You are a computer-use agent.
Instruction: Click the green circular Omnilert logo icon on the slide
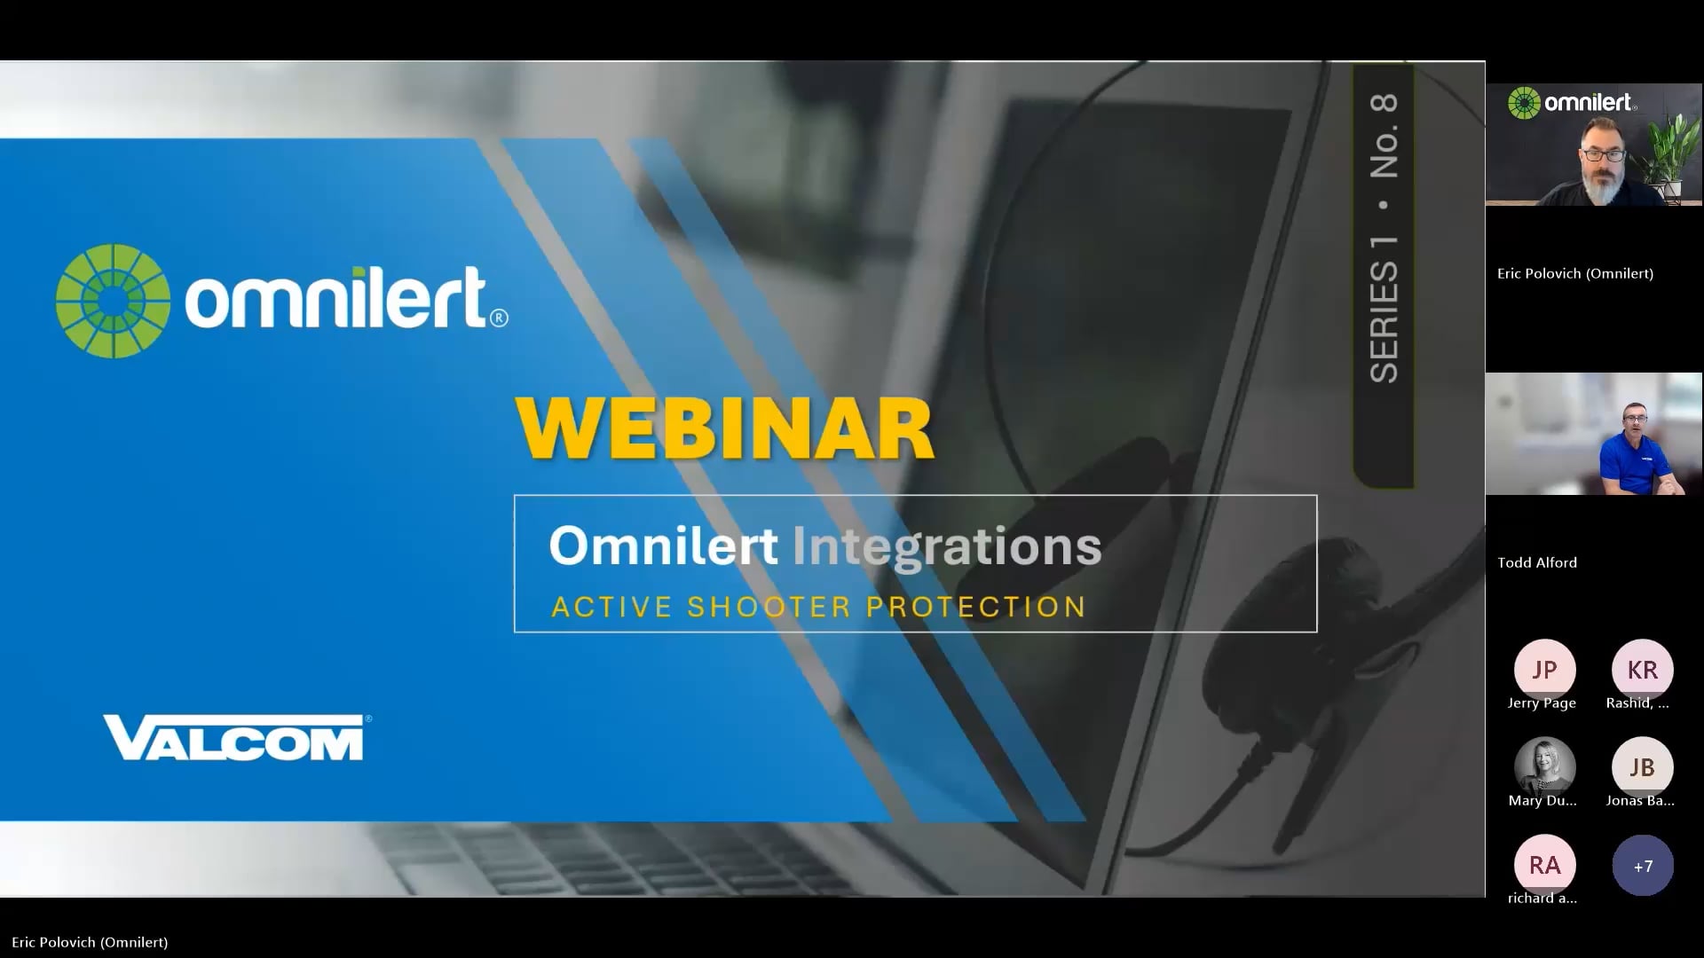tap(113, 301)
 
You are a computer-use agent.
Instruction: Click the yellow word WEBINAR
tap(724, 429)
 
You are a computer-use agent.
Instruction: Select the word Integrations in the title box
tap(947, 546)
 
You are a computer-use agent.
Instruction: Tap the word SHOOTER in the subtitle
tap(769, 607)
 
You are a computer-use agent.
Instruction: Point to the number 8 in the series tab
tap(1384, 105)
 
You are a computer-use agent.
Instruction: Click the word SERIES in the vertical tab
tap(1384, 322)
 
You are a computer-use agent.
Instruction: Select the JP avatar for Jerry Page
tap(1544, 670)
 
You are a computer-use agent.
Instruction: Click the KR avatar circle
tap(1642, 670)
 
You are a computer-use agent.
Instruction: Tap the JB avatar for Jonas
tap(1642, 767)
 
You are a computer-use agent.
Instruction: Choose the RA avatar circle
tap(1544, 865)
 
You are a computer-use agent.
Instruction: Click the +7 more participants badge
tap(1643, 866)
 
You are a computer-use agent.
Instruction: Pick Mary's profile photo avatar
tap(1544, 767)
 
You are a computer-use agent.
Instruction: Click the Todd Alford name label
tap(1537, 562)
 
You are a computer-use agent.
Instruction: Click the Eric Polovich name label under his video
tap(1575, 273)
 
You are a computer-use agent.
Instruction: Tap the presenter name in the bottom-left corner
tap(90, 942)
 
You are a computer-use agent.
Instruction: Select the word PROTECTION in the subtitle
tap(976, 607)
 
